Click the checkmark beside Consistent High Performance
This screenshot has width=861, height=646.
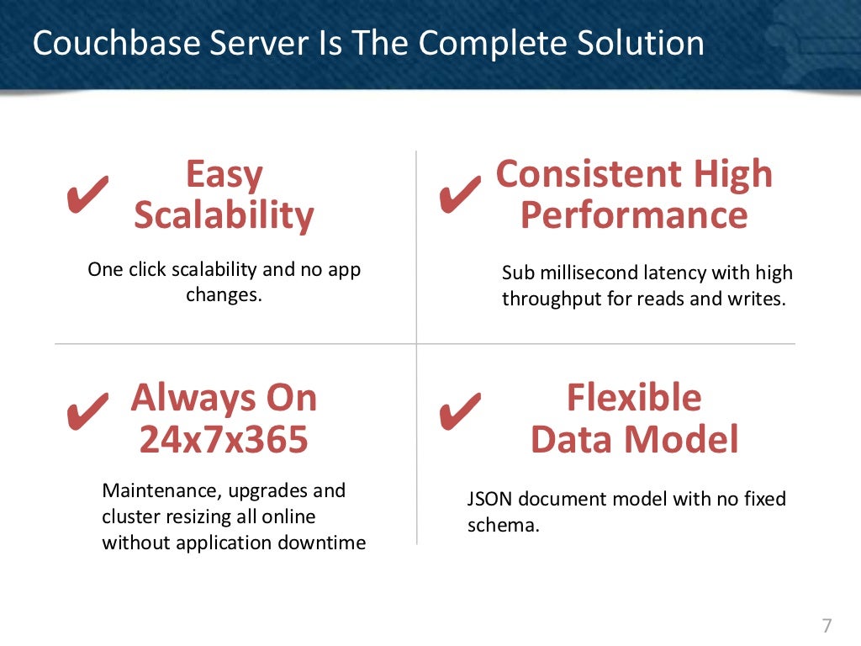pyautogui.click(x=460, y=194)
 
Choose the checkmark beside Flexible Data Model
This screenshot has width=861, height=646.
pyautogui.click(x=460, y=410)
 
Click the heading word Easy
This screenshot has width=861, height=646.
pyautogui.click(x=224, y=175)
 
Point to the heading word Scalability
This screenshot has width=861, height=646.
pyautogui.click(x=224, y=215)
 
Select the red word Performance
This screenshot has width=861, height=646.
pyautogui.click(x=633, y=215)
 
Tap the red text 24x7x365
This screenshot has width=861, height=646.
pyautogui.click(x=224, y=439)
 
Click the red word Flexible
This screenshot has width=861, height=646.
pyautogui.click(x=633, y=397)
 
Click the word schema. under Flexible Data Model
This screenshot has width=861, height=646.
pyautogui.click(x=503, y=527)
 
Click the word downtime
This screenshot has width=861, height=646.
pyautogui.click(x=324, y=543)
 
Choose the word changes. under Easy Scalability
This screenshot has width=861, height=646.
pyautogui.click(x=224, y=295)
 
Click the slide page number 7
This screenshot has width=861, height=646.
pyautogui.click(x=827, y=625)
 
